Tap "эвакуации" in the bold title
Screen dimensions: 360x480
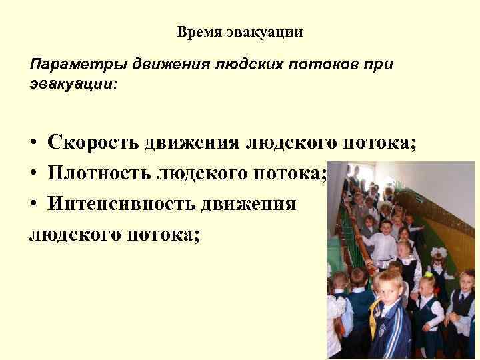(x=265, y=32)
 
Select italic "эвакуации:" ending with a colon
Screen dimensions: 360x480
(x=73, y=85)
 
